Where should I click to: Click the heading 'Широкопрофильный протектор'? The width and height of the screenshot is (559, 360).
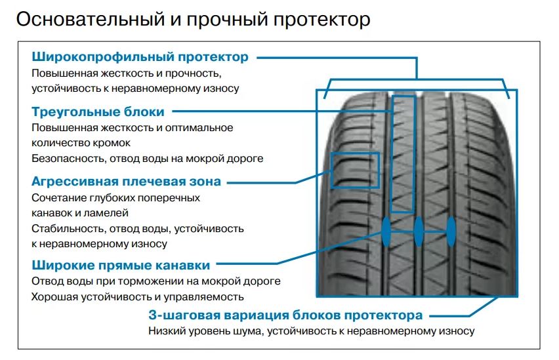point(140,57)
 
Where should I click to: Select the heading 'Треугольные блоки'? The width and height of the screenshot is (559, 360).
point(98,112)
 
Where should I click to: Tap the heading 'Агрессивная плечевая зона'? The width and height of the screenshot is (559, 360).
point(126,182)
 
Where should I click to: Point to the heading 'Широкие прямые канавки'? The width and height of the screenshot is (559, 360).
point(121,265)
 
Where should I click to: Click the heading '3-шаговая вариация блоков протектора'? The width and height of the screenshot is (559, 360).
point(285,315)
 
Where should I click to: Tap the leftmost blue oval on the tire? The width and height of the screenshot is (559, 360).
point(386,231)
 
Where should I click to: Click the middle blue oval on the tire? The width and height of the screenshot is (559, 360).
point(419,231)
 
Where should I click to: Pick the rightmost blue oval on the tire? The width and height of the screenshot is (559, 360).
point(451,231)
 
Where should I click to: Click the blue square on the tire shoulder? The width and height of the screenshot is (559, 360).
point(331,170)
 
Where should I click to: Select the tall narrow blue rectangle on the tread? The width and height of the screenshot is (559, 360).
point(391,154)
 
